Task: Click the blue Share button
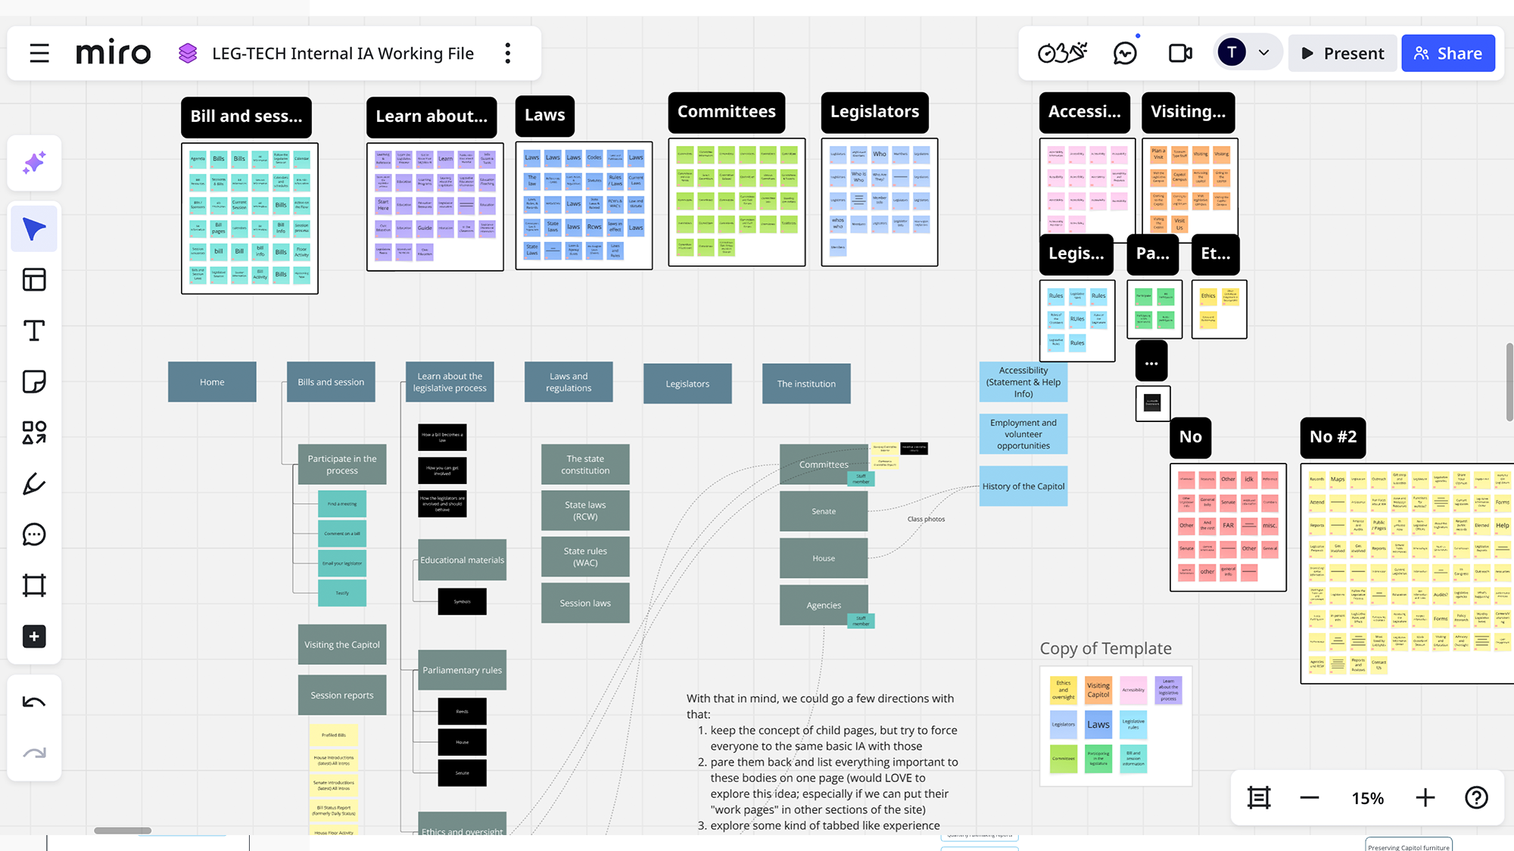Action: pos(1447,54)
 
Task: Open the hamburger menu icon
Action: pos(39,54)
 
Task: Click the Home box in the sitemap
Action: pos(212,382)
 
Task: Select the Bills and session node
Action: pos(331,382)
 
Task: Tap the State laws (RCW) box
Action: pos(585,511)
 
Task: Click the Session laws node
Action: pos(585,603)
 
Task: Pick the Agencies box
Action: pos(824,605)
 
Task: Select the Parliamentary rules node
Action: pos(462,670)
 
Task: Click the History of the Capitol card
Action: pos(1023,486)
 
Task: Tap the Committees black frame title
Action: pos(726,112)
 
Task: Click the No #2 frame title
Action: pos(1333,437)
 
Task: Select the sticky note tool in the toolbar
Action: pos(34,381)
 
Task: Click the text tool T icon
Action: pos(34,331)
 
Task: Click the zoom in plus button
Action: pos(1425,798)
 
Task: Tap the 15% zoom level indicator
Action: pos(1367,798)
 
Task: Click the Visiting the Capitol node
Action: pos(342,644)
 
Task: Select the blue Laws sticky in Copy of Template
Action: pos(1098,725)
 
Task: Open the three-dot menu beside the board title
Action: pos(508,54)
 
